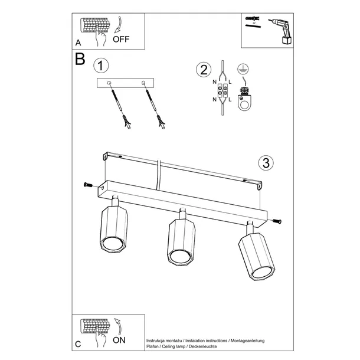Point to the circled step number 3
(x=266, y=162)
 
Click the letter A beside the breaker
(x=78, y=43)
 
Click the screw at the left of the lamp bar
(x=88, y=186)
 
